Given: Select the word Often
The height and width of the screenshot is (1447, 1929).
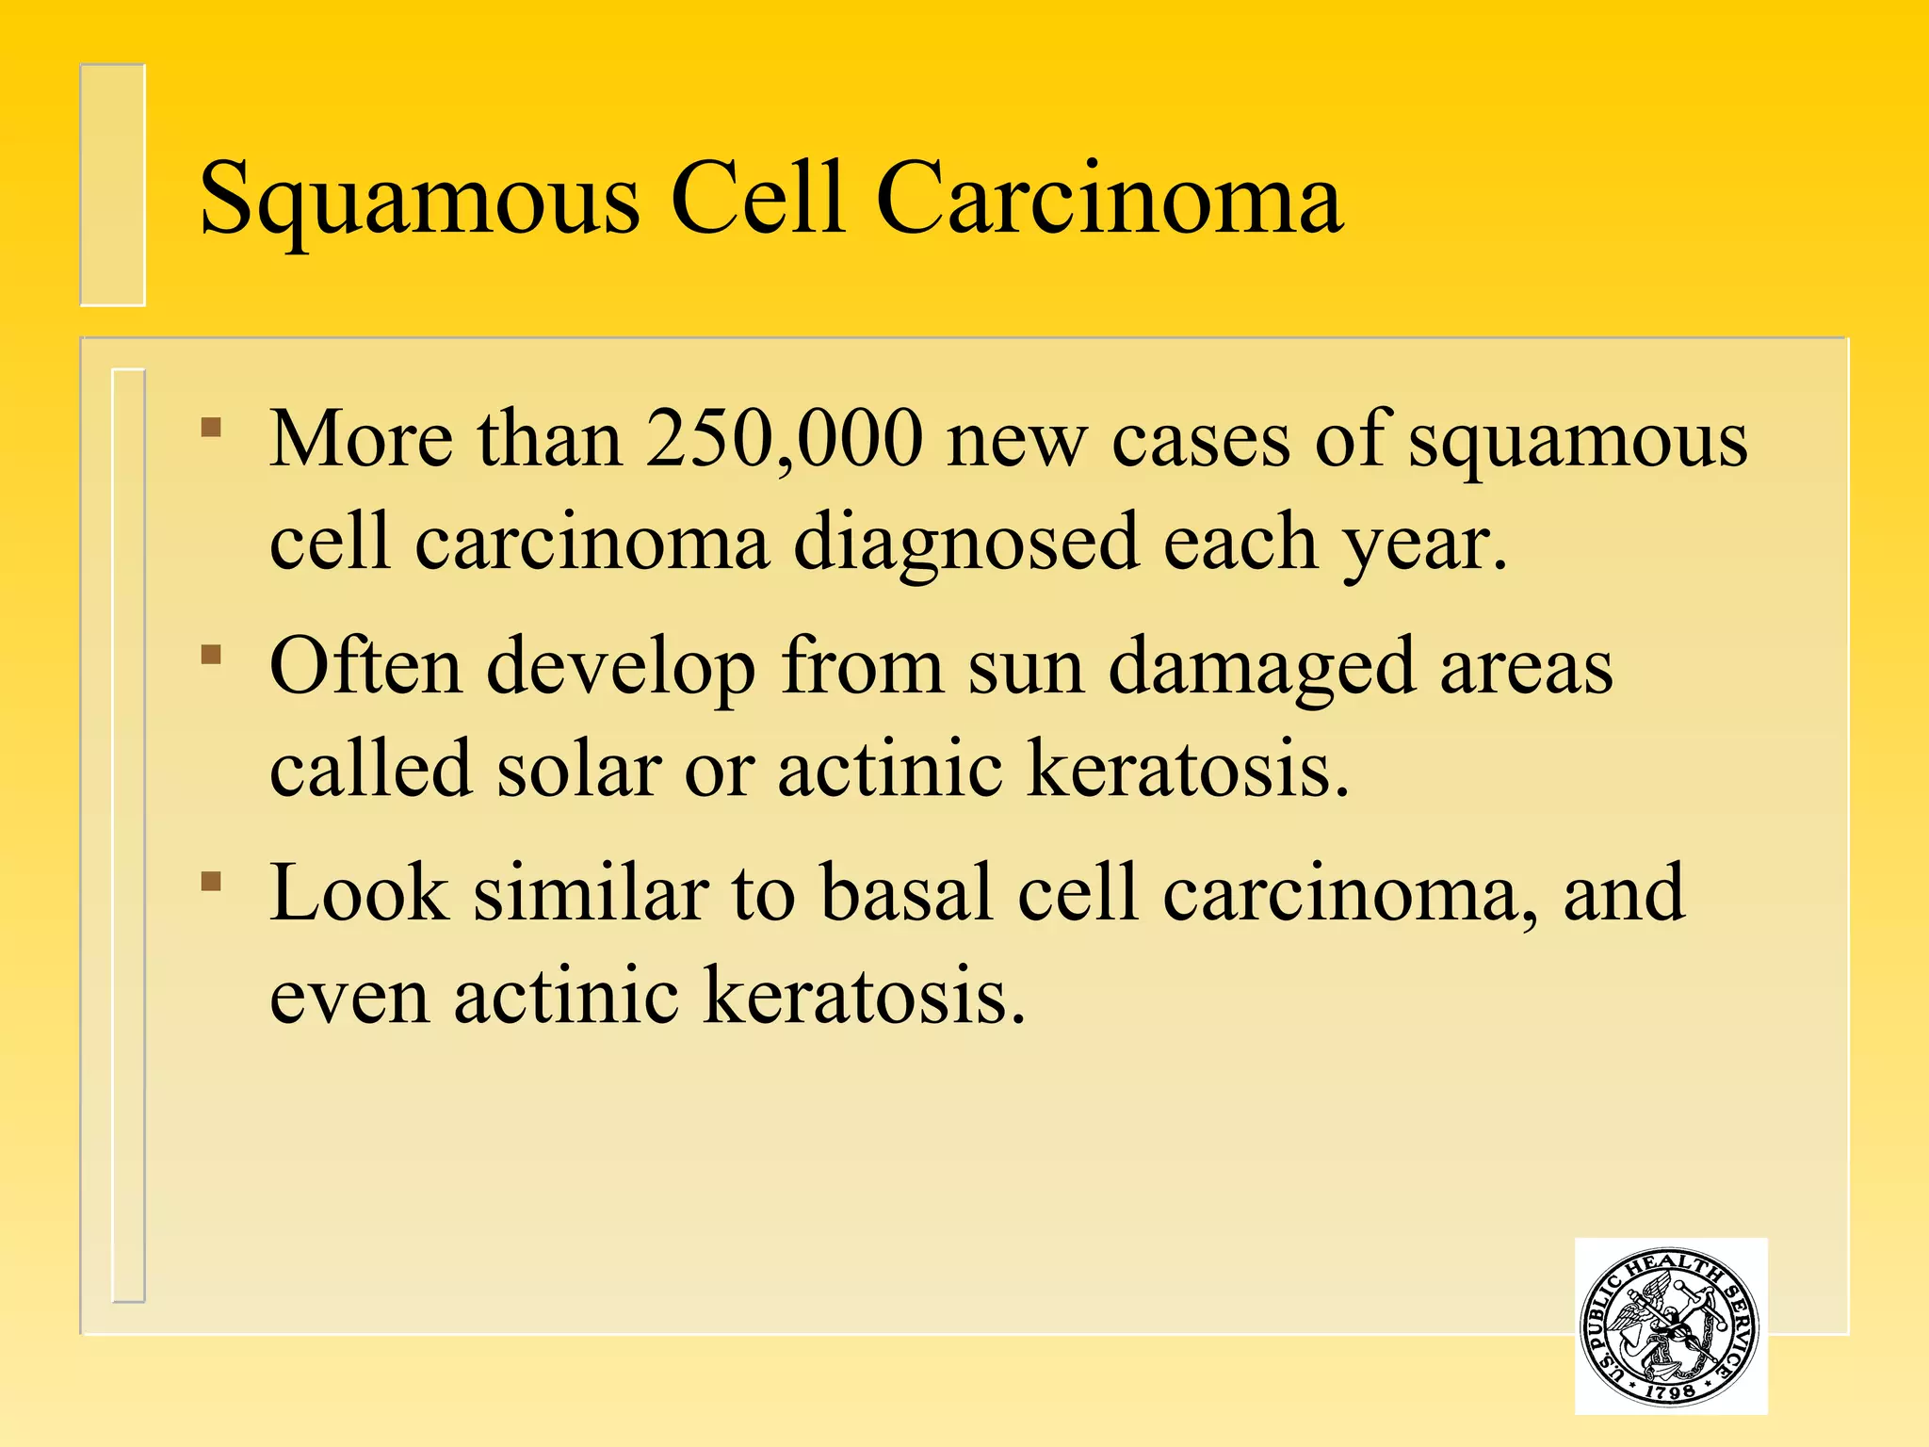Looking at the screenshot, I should [365, 666].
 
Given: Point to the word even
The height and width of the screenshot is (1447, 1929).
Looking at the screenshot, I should [349, 997].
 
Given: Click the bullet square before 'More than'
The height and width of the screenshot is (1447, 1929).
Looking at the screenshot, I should [211, 428].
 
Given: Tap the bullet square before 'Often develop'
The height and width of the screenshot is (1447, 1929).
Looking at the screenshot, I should [211, 654].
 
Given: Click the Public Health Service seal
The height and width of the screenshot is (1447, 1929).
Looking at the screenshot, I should [1670, 1325].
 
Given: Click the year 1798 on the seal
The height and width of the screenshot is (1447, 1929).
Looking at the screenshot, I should [1669, 1390].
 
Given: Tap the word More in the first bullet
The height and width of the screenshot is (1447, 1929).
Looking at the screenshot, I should [361, 440].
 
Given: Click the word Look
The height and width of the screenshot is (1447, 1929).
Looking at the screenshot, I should [359, 892].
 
